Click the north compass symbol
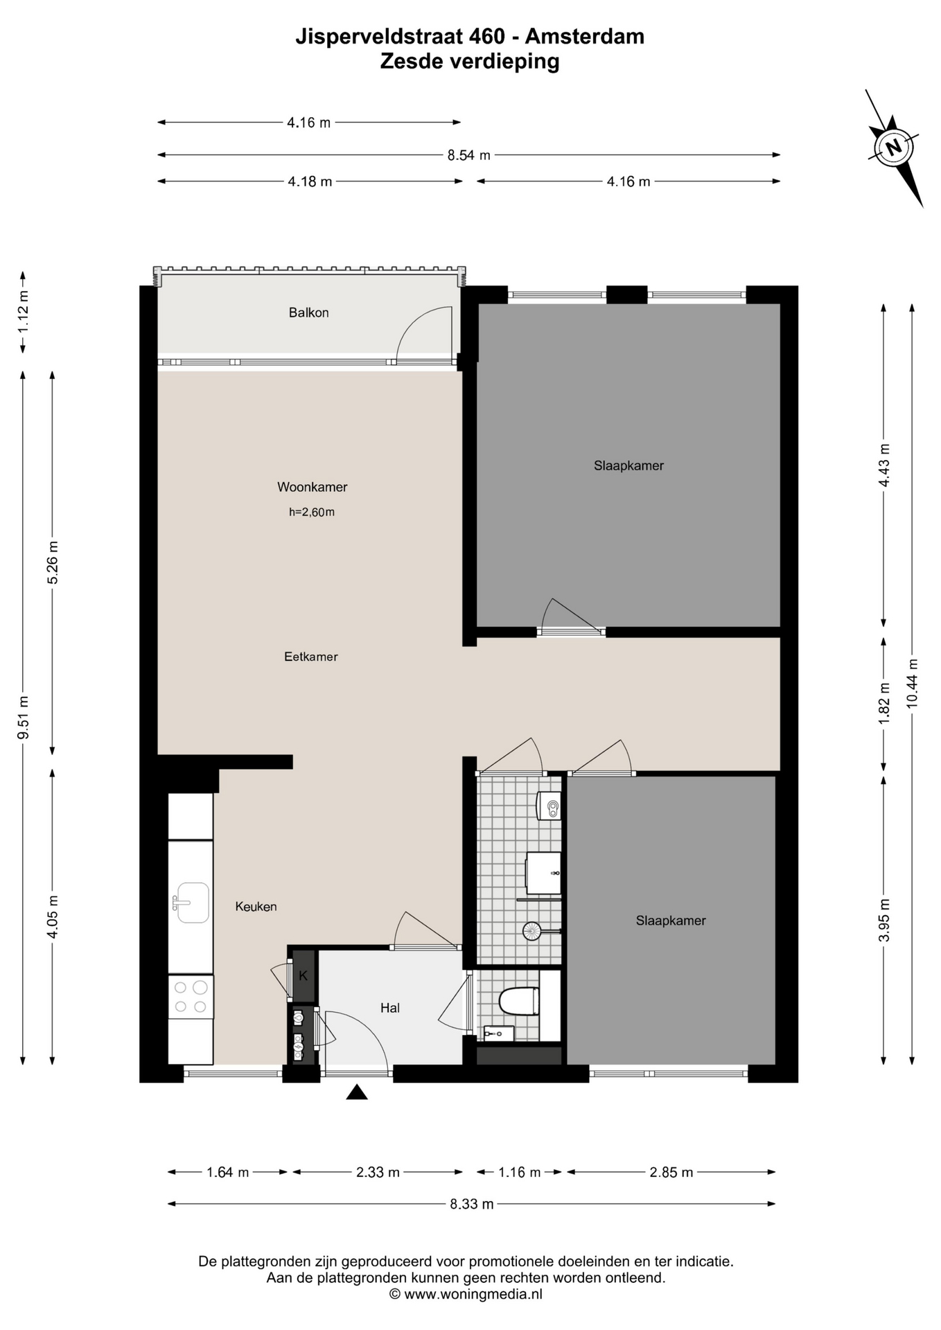tap(894, 148)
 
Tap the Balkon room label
tap(308, 312)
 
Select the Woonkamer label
tap(312, 487)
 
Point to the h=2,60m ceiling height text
tap(312, 513)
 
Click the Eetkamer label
tap(311, 657)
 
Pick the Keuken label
tap(256, 907)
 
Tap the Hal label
tap(390, 1008)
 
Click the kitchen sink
tap(191, 903)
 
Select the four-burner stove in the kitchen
tap(191, 997)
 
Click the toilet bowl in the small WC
tap(518, 1001)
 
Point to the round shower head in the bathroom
tap(531, 931)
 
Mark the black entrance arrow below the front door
tap(357, 1092)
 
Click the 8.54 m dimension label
tap(468, 155)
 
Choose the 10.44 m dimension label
tap(912, 682)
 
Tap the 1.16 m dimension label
tap(520, 1172)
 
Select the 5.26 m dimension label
tap(53, 562)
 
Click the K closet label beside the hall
tap(303, 976)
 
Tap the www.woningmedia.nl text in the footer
tap(473, 1293)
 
